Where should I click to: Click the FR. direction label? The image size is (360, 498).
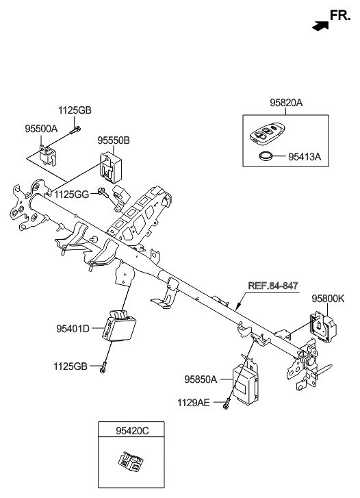click(x=340, y=14)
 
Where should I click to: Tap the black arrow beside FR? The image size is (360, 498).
click(x=318, y=25)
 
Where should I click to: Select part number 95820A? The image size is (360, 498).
click(x=285, y=103)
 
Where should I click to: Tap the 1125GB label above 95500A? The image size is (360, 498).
click(x=73, y=110)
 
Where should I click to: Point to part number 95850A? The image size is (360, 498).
click(x=200, y=379)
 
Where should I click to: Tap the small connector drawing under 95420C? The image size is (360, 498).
click(x=130, y=464)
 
